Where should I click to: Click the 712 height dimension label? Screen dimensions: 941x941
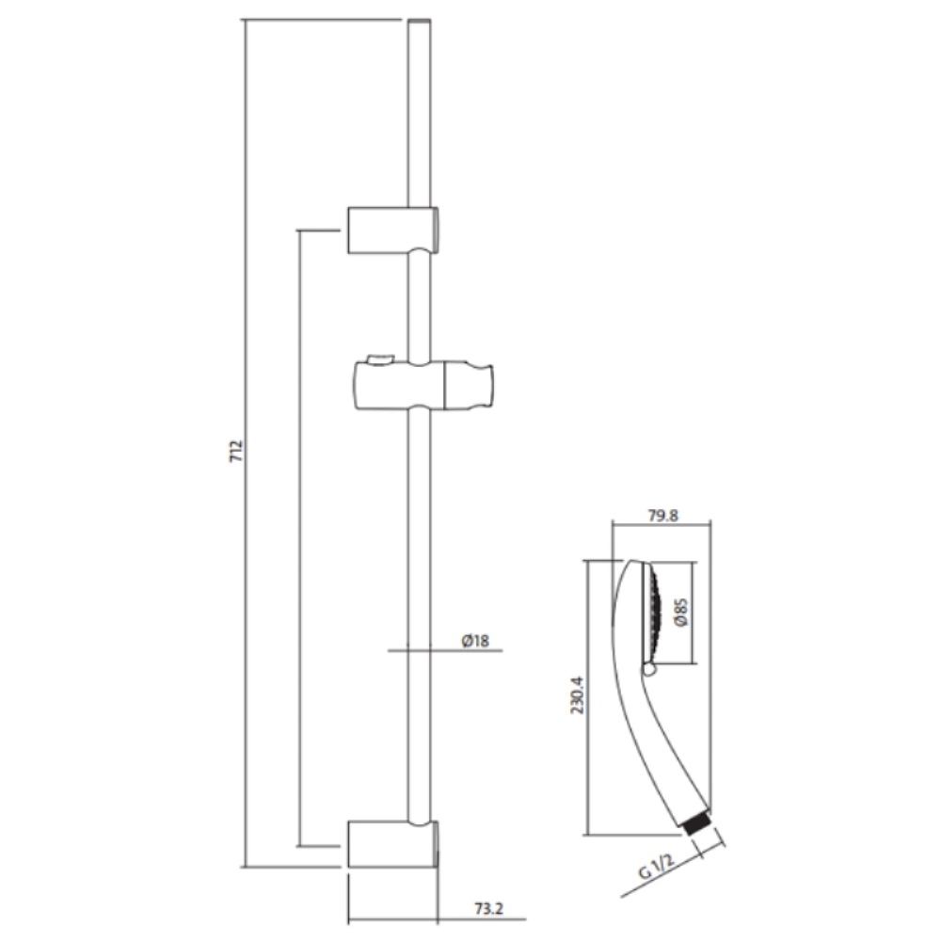237,451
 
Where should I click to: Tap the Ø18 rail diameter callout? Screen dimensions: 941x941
475,641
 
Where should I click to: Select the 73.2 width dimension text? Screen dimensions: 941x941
488,909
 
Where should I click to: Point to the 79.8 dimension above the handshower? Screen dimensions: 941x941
663,516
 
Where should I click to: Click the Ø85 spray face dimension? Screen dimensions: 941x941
680,613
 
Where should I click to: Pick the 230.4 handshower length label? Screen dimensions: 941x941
577,695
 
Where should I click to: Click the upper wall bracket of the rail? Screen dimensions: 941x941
393,230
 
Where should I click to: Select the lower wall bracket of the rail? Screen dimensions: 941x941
393,844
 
